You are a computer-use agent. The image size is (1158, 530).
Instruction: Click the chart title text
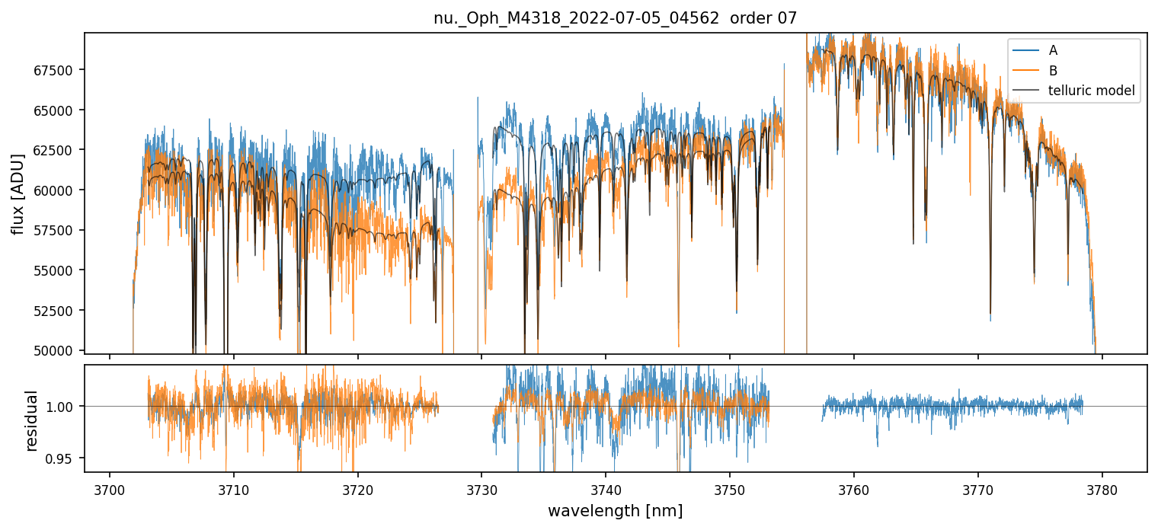pyautogui.click(x=615, y=18)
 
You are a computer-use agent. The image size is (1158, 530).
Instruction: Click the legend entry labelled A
pyautogui.click(x=1053, y=51)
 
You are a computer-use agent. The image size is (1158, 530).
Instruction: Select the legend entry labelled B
pyautogui.click(x=1053, y=71)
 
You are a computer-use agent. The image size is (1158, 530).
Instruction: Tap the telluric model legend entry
pyautogui.click(x=1091, y=91)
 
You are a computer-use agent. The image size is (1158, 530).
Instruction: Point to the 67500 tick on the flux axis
pyautogui.click(x=56, y=71)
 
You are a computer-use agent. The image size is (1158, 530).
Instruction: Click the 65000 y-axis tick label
pyautogui.click(x=56, y=110)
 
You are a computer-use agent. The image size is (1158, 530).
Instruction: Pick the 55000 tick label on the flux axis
pyautogui.click(x=56, y=270)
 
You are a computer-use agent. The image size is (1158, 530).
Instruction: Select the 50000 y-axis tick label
pyautogui.click(x=56, y=350)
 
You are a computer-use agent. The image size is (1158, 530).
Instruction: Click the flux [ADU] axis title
pyautogui.click(x=18, y=193)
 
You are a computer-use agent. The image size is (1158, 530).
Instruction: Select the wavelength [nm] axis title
pyautogui.click(x=615, y=510)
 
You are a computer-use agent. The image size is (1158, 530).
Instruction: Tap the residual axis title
pyautogui.click(x=32, y=420)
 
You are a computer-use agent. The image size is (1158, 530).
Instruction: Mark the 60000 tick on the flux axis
pyautogui.click(x=56, y=190)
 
